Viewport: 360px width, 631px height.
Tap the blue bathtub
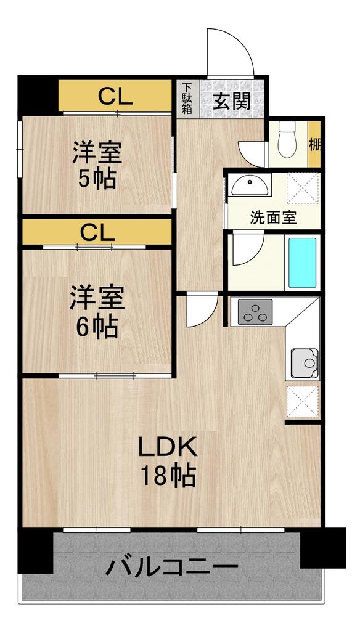302,263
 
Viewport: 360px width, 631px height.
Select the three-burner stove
255,312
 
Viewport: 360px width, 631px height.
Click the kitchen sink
305,363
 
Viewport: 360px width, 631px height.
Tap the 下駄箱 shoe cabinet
187,99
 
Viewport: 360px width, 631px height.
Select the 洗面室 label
274,218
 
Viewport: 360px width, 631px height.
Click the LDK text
168,447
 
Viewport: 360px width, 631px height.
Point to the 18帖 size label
168,476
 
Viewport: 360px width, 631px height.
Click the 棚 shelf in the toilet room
314,144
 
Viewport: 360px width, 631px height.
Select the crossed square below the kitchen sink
303,401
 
